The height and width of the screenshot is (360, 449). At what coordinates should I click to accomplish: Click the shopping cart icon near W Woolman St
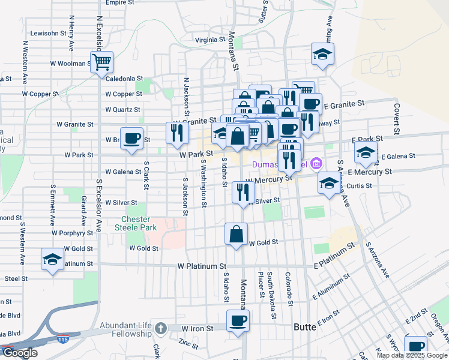pos(102,61)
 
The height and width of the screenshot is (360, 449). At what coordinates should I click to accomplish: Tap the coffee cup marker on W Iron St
pos(238,320)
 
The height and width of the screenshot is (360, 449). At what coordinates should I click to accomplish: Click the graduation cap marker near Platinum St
pos(52,260)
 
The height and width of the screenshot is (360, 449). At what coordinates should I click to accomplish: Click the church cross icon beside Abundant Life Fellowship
pos(160,328)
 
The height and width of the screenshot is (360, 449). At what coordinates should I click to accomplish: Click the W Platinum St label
pos(202,266)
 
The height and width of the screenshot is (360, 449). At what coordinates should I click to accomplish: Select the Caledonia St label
pos(124,79)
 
